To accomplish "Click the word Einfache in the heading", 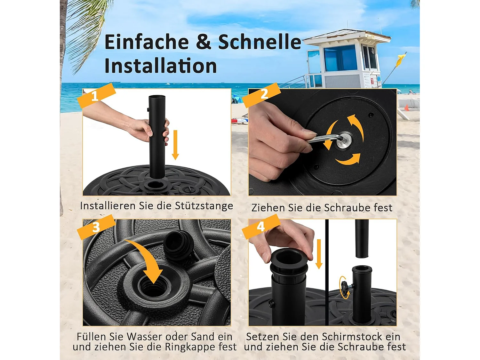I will click(x=147, y=42).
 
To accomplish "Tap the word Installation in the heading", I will click(x=161, y=66).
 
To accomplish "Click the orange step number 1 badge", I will click(x=95, y=96).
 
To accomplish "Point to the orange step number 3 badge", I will click(x=96, y=227).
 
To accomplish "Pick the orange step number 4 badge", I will click(x=261, y=227).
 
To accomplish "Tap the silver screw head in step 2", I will click(x=345, y=140).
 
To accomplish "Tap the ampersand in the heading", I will click(x=203, y=42).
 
